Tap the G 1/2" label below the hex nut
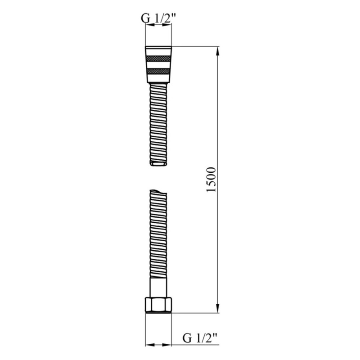click(201, 337)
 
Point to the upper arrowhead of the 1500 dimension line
click(218, 51)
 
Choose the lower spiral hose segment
click(157, 234)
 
